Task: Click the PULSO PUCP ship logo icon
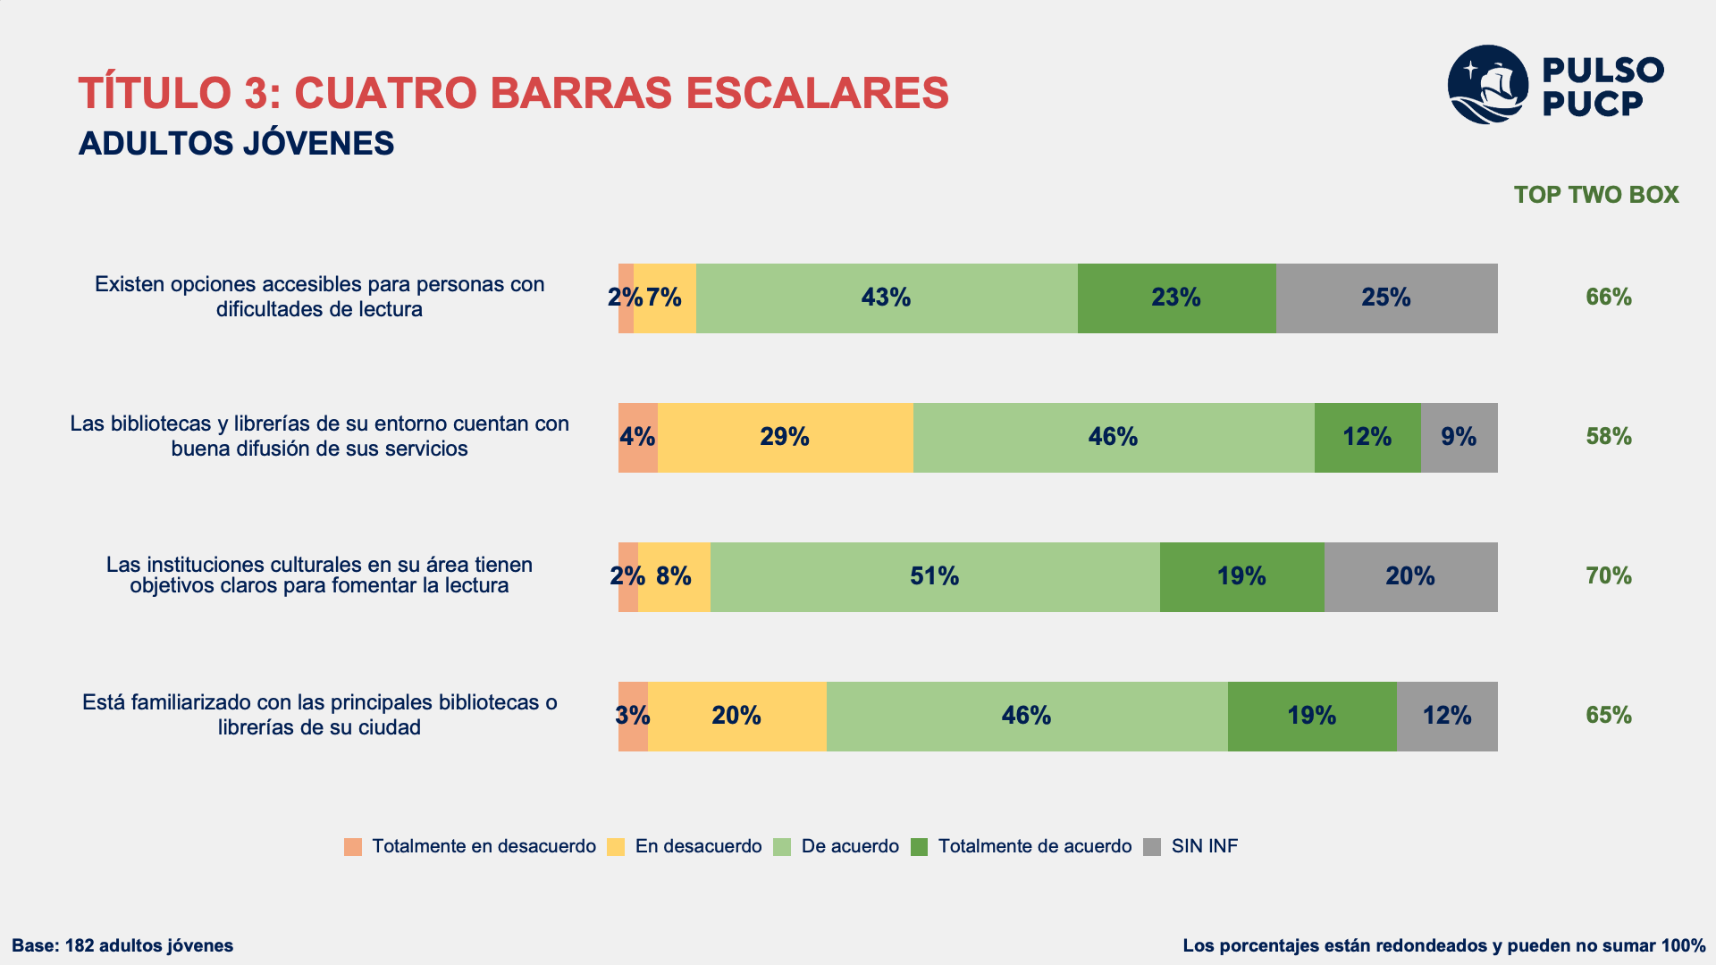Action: click(x=1487, y=85)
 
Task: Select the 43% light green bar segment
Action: click(x=887, y=298)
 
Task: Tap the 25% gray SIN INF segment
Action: click(x=1386, y=298)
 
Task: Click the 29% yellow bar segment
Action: click(x=786, y=438)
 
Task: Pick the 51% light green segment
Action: click(x=935, y=577)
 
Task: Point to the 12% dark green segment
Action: click(x=1367, y=438)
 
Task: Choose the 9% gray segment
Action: click(x=1459, y=438)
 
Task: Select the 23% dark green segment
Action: click(x=1177, y=298)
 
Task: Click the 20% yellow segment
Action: click(x=737, y=717)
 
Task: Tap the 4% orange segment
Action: click(x=638, y=438)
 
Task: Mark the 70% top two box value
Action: click(x=1609, y=576)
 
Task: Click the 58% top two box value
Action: click(x=1609, y=437)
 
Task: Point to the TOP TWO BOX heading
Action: click(x=1596, y=195)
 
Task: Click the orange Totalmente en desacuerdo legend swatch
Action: click(x=353, y=847)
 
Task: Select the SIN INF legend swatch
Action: click(x=1152, y=847)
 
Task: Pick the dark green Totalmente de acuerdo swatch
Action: click(x=919, y=847)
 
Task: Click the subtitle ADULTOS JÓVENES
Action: click(x=236, y=144)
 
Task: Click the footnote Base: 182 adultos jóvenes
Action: click(x=122, y=945)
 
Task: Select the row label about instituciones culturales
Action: click(x=319, y=575)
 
